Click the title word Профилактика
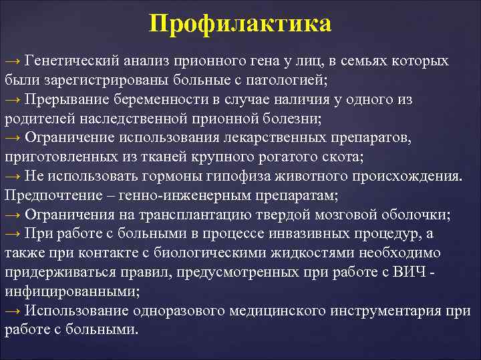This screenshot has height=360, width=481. pyautogui.click(x=240, y=24)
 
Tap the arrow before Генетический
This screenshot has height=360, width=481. pyautogui.click(x=13, y=61)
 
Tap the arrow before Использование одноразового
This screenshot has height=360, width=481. pyautogui.click(x=13, y=311)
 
